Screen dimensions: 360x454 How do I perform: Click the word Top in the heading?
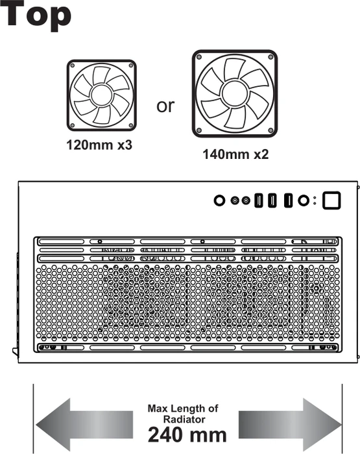click(x=36, y=14)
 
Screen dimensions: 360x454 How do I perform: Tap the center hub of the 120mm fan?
click(x=102, y=95)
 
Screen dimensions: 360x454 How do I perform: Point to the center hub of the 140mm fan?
click(x=235, y=93)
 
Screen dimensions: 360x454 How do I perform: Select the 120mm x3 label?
click(x=99, y=145)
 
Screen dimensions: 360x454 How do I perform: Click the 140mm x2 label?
click(x=235, y=154)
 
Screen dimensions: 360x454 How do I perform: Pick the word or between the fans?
click(x=165, y=106)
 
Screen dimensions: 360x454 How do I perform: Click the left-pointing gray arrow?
click(x=84, y=424)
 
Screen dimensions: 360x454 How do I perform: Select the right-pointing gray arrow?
click(x=290, y=424)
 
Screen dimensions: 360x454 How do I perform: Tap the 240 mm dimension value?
click(x=187, y=435)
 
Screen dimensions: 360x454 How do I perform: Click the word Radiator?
click(x=184, y=419)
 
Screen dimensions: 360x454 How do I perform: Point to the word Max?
click(x=158, y=409)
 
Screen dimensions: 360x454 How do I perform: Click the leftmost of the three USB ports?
click(x=259, y=200)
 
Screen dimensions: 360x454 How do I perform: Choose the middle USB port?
click(x=272, y=200)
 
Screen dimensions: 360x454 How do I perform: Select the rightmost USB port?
click(x=288, y=200)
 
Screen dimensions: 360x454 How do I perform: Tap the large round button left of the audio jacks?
click(x=219, y=200)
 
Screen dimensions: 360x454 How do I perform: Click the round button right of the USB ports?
click(x=303, y=200)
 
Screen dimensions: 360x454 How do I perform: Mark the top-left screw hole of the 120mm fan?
click(x=73, y=66)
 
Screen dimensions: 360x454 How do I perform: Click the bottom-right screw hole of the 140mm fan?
click(x=271, y=130)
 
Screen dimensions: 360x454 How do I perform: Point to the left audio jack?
click(x=235, y=200)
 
